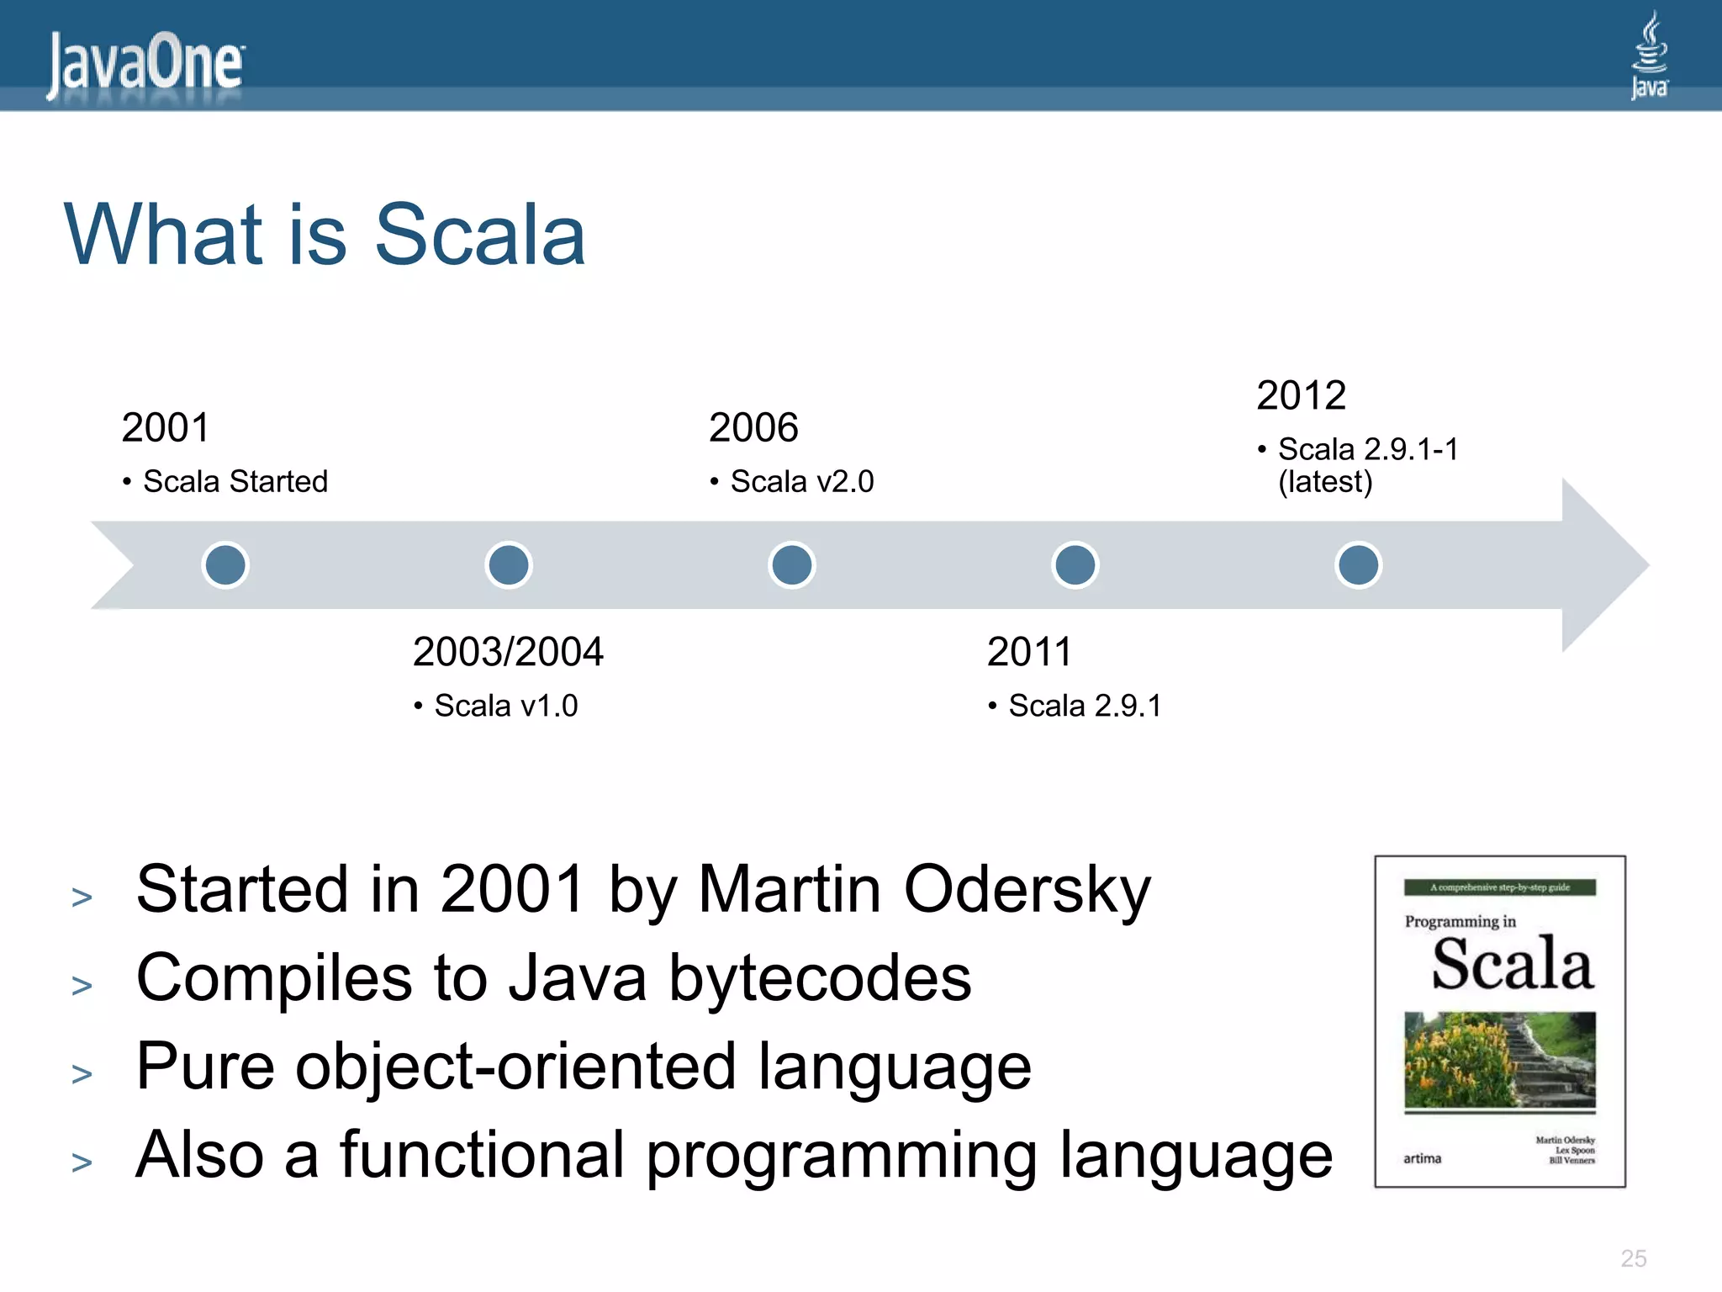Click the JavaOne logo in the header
tap(145, 64)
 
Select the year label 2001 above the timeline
tap(165, 427)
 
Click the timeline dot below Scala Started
tap(225, 564)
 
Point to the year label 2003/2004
tap(508, 652)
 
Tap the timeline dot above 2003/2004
tap(509, 564)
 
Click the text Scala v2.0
tap(801, 481)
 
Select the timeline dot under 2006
tap(792, 564)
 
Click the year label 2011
tap(1029, 652)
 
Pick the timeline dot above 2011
tap(1075, 564)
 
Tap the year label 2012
tap(1301, 395)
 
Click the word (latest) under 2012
tap(1325, 482)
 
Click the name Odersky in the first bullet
tap(1027, 890)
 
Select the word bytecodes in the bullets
tap(820, 978)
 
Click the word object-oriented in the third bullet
tap(515, 1067)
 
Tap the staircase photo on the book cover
tap(1499, 1060)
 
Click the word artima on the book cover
tap(1422, 1159)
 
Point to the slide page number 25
tap(1633, 1258)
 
